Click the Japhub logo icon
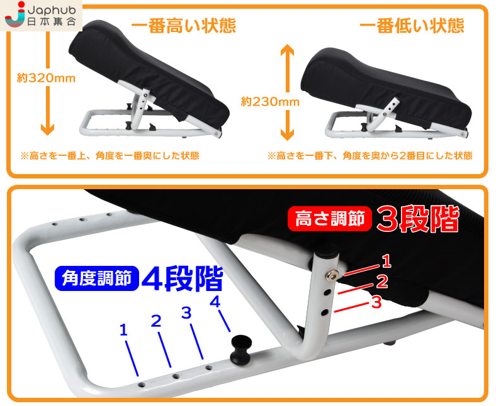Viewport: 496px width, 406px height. click(14, 14)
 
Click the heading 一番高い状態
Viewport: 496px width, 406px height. click(183, 25)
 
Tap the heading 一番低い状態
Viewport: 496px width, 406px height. click(412, 25)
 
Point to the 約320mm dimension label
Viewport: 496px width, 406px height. click(46, 78)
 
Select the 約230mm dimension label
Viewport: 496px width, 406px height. click(270, 101)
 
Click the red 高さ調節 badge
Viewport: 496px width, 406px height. click(330, 219)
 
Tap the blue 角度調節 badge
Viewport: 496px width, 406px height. click(97, 278)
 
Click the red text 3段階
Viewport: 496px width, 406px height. click(417, 219)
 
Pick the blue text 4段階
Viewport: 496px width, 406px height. click(182, 278)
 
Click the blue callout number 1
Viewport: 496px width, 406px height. click(123, 331)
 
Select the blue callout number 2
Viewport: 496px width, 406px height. click(156, 321)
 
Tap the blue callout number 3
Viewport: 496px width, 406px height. click(187, 313)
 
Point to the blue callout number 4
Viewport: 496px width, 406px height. click(215, 302)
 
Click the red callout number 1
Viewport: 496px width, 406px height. click(386, 261)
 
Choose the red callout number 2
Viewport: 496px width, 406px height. click(382, 282)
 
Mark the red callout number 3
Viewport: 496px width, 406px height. click(376, 302)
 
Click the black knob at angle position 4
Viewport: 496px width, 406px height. click(241, 349)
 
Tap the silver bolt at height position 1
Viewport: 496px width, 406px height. click(332, 275)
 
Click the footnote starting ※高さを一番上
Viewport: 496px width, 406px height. click(110, 156)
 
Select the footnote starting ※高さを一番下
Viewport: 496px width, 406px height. click(369, 156)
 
